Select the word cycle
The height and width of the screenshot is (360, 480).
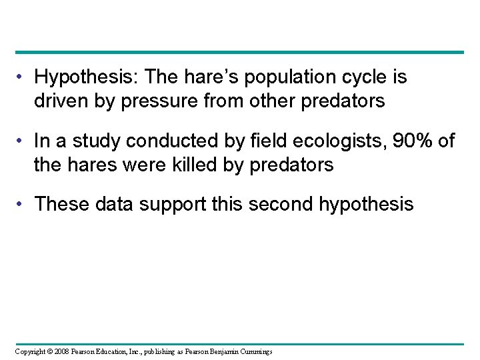(x=360, y=78)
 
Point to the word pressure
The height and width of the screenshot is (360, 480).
(x=157, y=101)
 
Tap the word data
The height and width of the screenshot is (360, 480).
(x=114, y=204)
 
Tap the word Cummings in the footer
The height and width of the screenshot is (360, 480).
(x=255, y=351)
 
